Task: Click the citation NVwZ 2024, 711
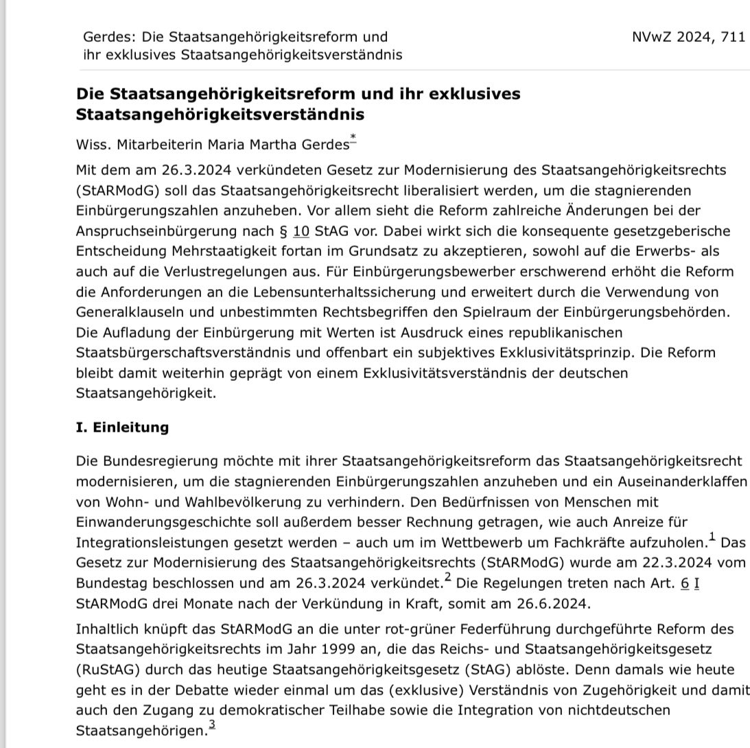[x=688, y=37]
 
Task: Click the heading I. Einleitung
[x=122, y=428]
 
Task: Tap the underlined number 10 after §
[x=301, y=231]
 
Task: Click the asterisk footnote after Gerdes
[x=353, y=140]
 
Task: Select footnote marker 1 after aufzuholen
[x=712, y=537]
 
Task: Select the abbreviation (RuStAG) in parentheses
[x=108, y=669]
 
